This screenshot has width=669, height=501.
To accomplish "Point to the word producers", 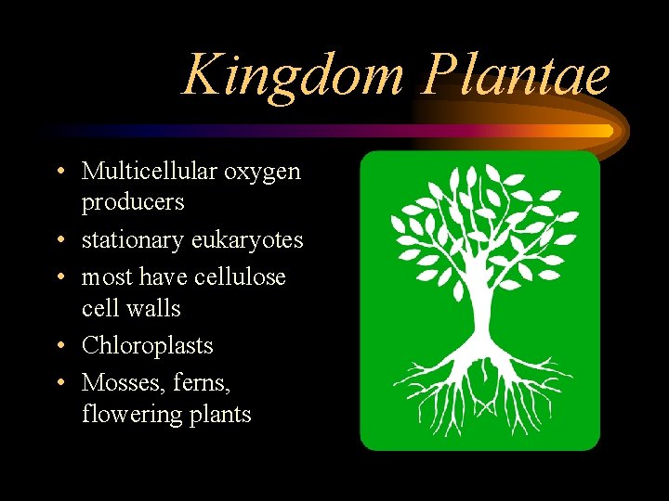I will pos(133,202).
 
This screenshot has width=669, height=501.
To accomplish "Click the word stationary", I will pos(133,240).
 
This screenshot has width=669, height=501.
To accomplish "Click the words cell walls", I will pos(131,307).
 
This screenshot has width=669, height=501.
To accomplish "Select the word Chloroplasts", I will pos(148,345).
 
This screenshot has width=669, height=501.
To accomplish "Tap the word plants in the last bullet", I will pos(220,414).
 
